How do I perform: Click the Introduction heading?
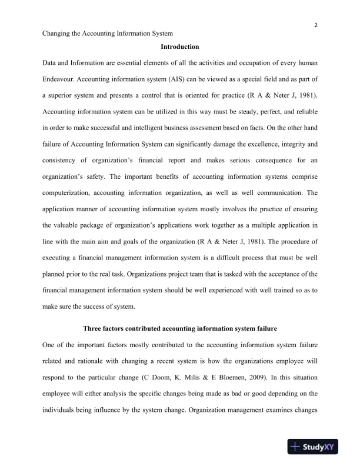tap(179, 47)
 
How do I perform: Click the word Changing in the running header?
tap(58, 35)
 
